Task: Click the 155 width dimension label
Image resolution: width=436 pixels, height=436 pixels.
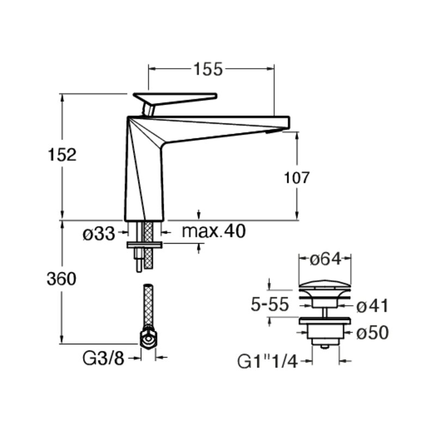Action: pyautogui.click(x=208, y=69)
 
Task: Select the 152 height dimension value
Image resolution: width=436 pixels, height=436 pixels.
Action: pyautogui.click(x=62, y=155)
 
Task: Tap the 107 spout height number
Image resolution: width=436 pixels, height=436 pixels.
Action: pyautogui.click(x=296, y=178)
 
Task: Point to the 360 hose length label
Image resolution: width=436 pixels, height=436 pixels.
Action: pyautogui.click(x=62, y=279)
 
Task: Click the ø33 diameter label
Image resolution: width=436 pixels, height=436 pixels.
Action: pyautogui.click(x=99, y=234)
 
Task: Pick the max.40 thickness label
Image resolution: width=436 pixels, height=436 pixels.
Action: pyautogui.click(x=214, y=231)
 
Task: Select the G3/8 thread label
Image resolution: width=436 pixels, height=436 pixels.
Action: pyautogui.click(x=104, y=358)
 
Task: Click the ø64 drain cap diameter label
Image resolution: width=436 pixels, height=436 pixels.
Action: pyautogui.click(x=325, y=260)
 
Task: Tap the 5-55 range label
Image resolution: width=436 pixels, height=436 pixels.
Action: pyautogui.click(x=270, y=305)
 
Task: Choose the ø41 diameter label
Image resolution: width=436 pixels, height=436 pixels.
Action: pyautogui.click(x=372, y=306)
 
